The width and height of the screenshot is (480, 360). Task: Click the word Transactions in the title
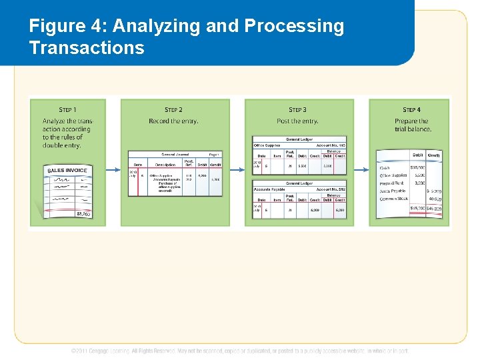(87, 48)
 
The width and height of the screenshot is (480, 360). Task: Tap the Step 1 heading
(67, 109)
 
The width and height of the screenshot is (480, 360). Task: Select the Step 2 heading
(173, 109)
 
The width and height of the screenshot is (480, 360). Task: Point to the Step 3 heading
(297, 109)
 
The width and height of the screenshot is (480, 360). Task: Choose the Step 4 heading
(411, 109)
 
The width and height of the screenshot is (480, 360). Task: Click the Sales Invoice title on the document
(67, 171)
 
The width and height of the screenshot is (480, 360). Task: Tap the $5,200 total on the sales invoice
(83, 213)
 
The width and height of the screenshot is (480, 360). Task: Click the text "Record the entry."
(173, 121)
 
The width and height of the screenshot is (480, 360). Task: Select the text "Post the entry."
(297, 121)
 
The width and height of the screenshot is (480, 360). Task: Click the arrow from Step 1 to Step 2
(113, 170)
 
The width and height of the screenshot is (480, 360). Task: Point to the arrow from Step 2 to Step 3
(237, 170)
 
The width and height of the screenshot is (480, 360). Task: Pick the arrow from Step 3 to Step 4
(361, 170)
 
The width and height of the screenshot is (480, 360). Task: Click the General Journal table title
(175, 154)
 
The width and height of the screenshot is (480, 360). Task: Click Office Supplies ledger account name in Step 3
(267, 145)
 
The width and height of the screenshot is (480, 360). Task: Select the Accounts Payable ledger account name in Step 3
(269, 189)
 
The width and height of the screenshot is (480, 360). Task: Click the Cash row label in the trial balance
(385, 168)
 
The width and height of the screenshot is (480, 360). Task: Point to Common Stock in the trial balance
(393, 199)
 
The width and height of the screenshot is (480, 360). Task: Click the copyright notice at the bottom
(240, 351)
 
